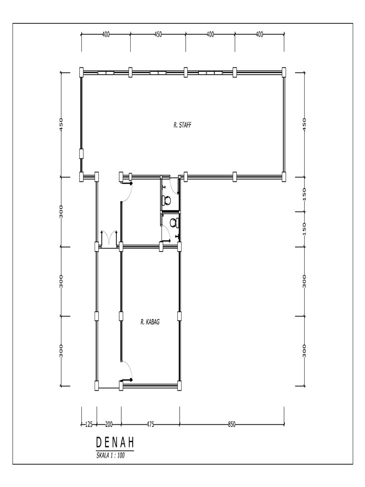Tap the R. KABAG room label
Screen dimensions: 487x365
pyautogui.click(x=150, y=322)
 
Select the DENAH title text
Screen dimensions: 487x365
pyautogui.click(x=115, y=443)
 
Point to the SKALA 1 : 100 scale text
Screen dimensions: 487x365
pyautogui.click(x=111, y=455)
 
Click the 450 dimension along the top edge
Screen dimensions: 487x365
pyautogui.click(x=158, y=34)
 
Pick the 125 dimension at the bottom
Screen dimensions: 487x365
pyautogui.click(x=88, y=424)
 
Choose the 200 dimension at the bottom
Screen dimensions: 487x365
pyautogui.click(x=109, y=424)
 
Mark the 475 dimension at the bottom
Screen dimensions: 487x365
pyautogui.click(x=150, y=424)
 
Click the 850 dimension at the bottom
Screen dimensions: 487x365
pyautogui.click(x=232, y=424)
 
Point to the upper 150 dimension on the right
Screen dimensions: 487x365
pyautogui.click(x=305, y=194)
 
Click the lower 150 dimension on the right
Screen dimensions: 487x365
pyautogui.click(x=305, y=229)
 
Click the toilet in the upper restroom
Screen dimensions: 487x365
pyautogui.click(x=166, y=200)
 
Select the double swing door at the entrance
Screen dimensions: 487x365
pyautogui.click(x=109, y=238)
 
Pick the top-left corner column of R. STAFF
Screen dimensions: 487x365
pyautogui.click(x=81, y=72)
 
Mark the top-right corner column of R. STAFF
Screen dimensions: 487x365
pyautogui.click(x=284, y=72)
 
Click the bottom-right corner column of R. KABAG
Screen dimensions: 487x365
pyautogui.click(x=180, y=386)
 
